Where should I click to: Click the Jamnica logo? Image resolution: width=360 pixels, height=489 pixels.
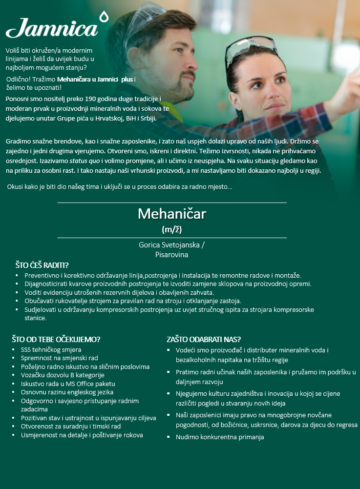pyautogui.click(x=52, y=28)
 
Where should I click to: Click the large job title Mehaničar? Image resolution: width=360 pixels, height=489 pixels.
pyautogui.click(x=172, y=214)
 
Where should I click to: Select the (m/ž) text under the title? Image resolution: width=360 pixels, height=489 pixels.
pyautogui.click(x=172, y=229)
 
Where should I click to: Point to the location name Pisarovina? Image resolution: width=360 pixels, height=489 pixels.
pyautogui.click(x=172, y=254)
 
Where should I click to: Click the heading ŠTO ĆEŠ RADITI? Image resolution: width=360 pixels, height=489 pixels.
pyautogui.click(x=42, y=265)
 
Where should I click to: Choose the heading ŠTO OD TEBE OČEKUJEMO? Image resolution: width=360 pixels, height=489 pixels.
pyautogui.click(x=56, y=339)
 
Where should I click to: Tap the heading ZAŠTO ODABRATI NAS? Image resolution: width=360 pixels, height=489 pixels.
pyautogui.click(x=204, y=339)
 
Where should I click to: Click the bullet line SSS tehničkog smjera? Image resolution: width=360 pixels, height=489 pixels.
pyautogui.click(x=51, y=349)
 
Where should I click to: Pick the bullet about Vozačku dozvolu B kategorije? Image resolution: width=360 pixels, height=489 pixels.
pyautogui.click(x=63, y=375)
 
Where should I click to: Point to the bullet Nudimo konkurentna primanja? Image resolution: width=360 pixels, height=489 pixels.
pyautogui.click(x=220, y=437)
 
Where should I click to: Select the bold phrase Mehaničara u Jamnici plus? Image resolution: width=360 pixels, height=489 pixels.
pyautogui.click(x=95, y=79)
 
